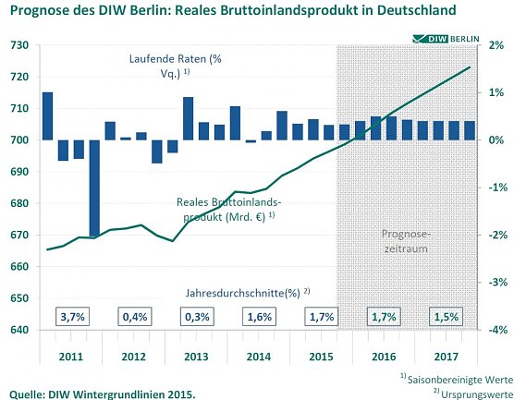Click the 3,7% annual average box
[x=72, y=316]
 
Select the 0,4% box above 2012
[x=134, y=316]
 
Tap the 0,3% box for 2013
[x=196, y=316]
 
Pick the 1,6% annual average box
[x=259, y=316]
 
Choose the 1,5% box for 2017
[x=447, y=316]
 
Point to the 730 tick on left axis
[x=18, y=45]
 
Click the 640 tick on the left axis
[x=18, y=330]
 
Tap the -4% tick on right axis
[x=496, y=330]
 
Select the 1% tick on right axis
[x=496, y=92]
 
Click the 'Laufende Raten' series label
[x=174, y=65]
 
